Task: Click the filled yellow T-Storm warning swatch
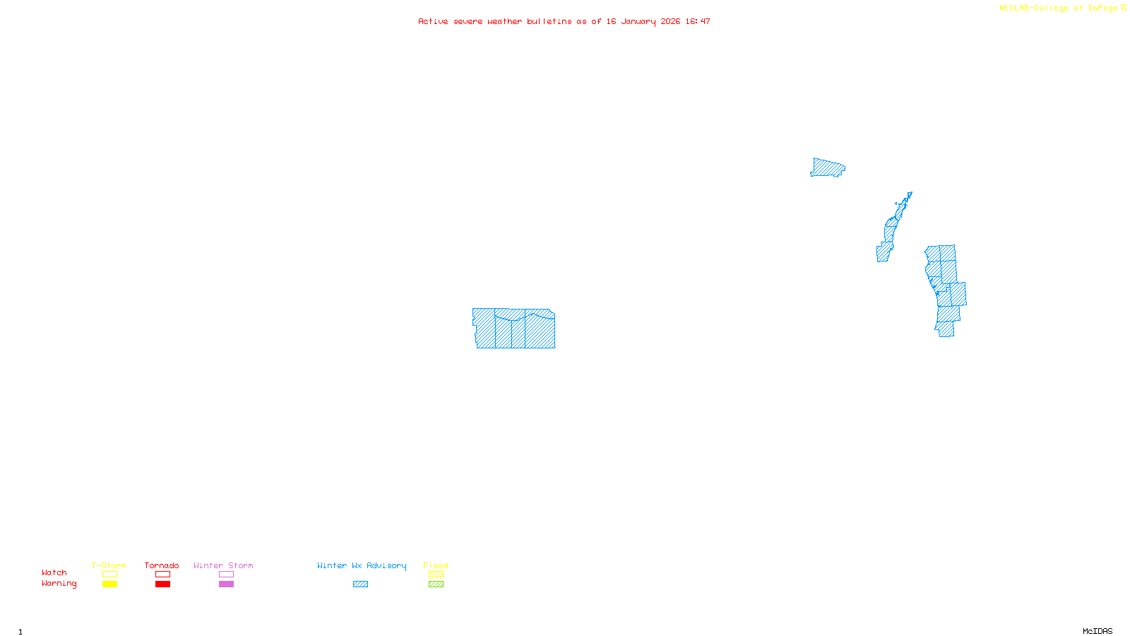tap(109, 584)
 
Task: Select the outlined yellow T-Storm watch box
tap(109, 575)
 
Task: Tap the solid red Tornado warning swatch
tap(162, 584)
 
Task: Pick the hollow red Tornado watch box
tap(162, 575)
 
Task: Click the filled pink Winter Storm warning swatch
tap(226, 584)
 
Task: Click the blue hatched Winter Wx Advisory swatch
tap(360, 584)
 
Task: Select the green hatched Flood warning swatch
tap(436, 584)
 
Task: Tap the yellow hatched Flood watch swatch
tap(436, 575)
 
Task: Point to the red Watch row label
tap(54, 573)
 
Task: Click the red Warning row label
tap(59, 584)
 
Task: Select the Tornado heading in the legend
tap(162, 565)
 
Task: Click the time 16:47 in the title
tap(697, 21)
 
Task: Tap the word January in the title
tap(638, 21)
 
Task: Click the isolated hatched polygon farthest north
tap(827, 167)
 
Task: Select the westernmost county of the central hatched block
tap(484, 328)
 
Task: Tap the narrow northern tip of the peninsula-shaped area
tap(908, 196)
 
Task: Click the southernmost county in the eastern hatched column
tap(946, 329)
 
